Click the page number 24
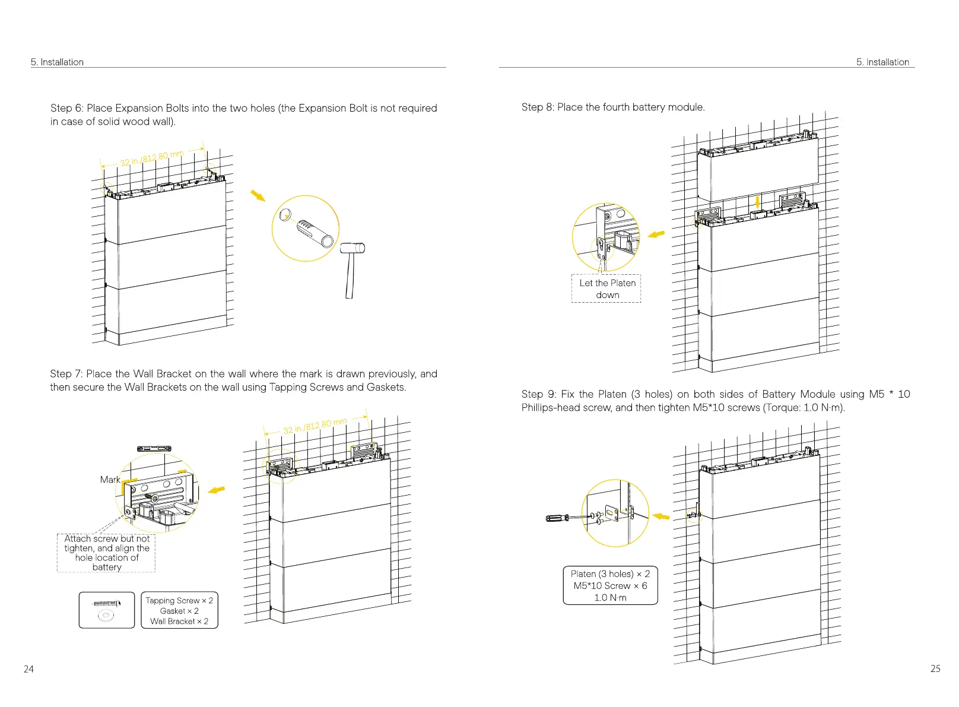tap(28, 669)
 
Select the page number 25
tap(935, 668)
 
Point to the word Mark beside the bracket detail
tap(110, 480)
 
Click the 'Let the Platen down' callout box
tap(606, 288)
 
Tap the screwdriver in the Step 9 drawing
tap(564, 518)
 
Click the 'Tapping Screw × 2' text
tap(179, 600)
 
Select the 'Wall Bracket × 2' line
tap(179, 621)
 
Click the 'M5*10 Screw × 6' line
tap(610, 585)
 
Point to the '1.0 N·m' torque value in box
tap(610, 597)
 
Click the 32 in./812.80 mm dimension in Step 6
tap(152, 158)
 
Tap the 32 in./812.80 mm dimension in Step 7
tap(315, 426)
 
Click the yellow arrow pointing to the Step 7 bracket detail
tap(217, 490)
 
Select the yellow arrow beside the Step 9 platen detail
tap(660, 516)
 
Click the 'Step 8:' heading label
tap(538, 107)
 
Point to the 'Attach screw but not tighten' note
tap(107, 553)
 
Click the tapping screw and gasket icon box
tap(107, 610)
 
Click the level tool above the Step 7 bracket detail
tap(154, 449)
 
